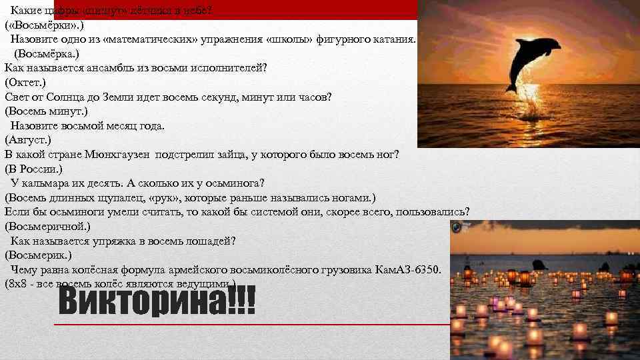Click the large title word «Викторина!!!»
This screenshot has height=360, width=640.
pos(157,303)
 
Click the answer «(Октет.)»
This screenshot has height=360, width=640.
pos(25,82)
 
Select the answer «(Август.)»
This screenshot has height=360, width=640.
pos(28,140)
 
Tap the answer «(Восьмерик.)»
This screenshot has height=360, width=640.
pos(38,255)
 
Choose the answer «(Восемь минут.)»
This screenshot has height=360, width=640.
pos(46,111)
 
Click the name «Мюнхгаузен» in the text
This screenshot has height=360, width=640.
pos(118,155)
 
